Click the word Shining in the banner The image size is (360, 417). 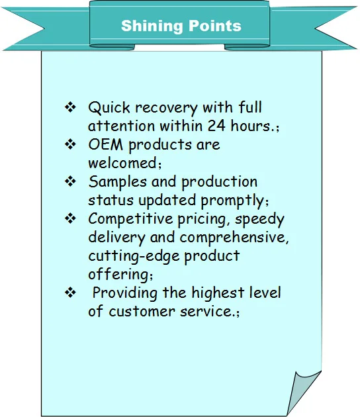152,26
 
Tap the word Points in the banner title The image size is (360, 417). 215,26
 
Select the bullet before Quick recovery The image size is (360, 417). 70,107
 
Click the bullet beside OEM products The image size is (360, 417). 70,144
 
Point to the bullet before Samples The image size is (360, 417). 70,181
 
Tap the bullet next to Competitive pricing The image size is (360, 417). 70,218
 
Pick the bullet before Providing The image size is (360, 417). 70,293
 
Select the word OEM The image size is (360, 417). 106,145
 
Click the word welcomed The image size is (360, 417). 123,163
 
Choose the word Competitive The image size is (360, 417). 130,219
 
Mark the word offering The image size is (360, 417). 118,275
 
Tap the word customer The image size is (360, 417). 142,311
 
